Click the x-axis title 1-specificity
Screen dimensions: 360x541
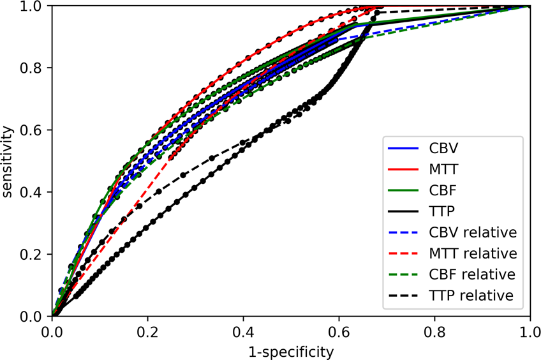[291, 351]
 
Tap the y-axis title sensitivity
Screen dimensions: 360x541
[8, 161]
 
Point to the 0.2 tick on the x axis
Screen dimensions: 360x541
[147, 331]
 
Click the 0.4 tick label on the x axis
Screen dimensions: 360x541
[243, 331]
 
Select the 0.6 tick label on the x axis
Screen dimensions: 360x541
[339, 331]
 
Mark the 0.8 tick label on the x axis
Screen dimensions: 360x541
[434, 331]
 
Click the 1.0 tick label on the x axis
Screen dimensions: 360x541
[529, 331]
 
